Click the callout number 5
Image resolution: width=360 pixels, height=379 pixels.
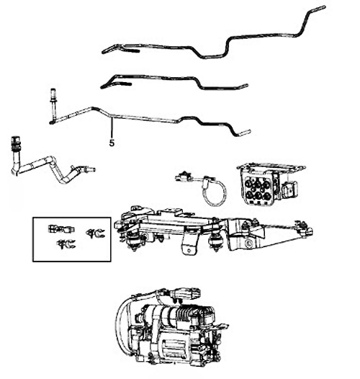112,143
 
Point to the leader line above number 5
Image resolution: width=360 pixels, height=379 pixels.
112,128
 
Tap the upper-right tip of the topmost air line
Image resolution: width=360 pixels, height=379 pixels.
324,7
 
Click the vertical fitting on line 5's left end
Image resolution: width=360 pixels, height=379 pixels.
53,104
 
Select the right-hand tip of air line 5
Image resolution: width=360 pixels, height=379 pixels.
249,132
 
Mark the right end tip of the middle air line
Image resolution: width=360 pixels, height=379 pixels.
246,85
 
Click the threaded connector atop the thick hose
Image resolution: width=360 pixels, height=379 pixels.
15,143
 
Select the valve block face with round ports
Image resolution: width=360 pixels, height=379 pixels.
256,187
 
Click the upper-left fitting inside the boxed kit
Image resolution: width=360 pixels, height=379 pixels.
61,228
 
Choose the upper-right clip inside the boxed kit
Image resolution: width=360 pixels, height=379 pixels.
95,233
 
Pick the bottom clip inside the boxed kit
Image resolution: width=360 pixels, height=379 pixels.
66,244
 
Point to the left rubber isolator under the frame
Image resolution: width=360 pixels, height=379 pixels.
132,241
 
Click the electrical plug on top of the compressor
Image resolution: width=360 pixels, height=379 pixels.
185,294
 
